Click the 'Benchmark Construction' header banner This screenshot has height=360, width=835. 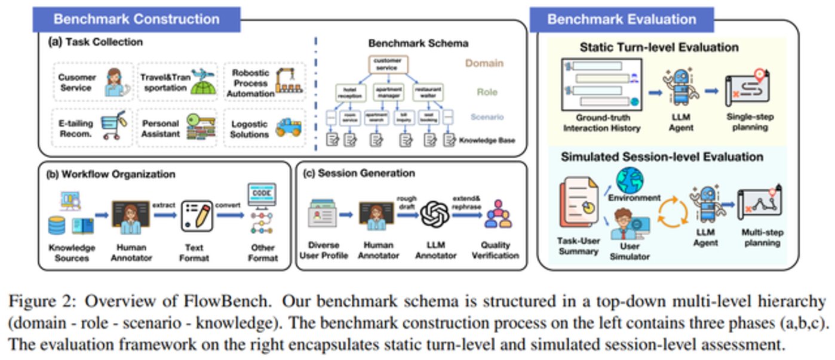136,19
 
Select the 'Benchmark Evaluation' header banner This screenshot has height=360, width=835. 622,19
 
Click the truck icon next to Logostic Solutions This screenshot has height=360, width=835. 287,127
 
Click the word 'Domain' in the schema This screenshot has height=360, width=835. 483,63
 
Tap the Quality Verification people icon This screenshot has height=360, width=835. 498,215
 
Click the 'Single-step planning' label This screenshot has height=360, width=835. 747,122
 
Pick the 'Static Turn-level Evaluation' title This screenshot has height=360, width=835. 659,47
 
